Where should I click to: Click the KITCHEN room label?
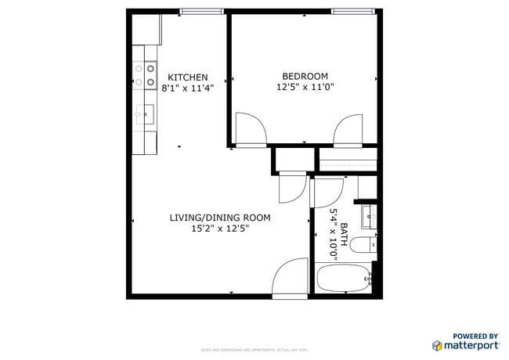(x=188, y=77)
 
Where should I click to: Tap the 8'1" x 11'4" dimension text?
(x=188, y=88)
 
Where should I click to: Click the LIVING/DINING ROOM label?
(x=220, y=218)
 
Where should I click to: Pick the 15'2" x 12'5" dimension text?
(x=220, y=229)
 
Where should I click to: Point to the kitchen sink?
(x=145, y=114)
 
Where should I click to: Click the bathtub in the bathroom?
(x=343, y=277)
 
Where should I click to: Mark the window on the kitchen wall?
(x=202, y=11)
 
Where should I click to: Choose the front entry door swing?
(x=291, y=277)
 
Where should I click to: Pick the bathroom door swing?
(x=329, y=193)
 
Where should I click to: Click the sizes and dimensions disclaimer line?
(x=254, y=350)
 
